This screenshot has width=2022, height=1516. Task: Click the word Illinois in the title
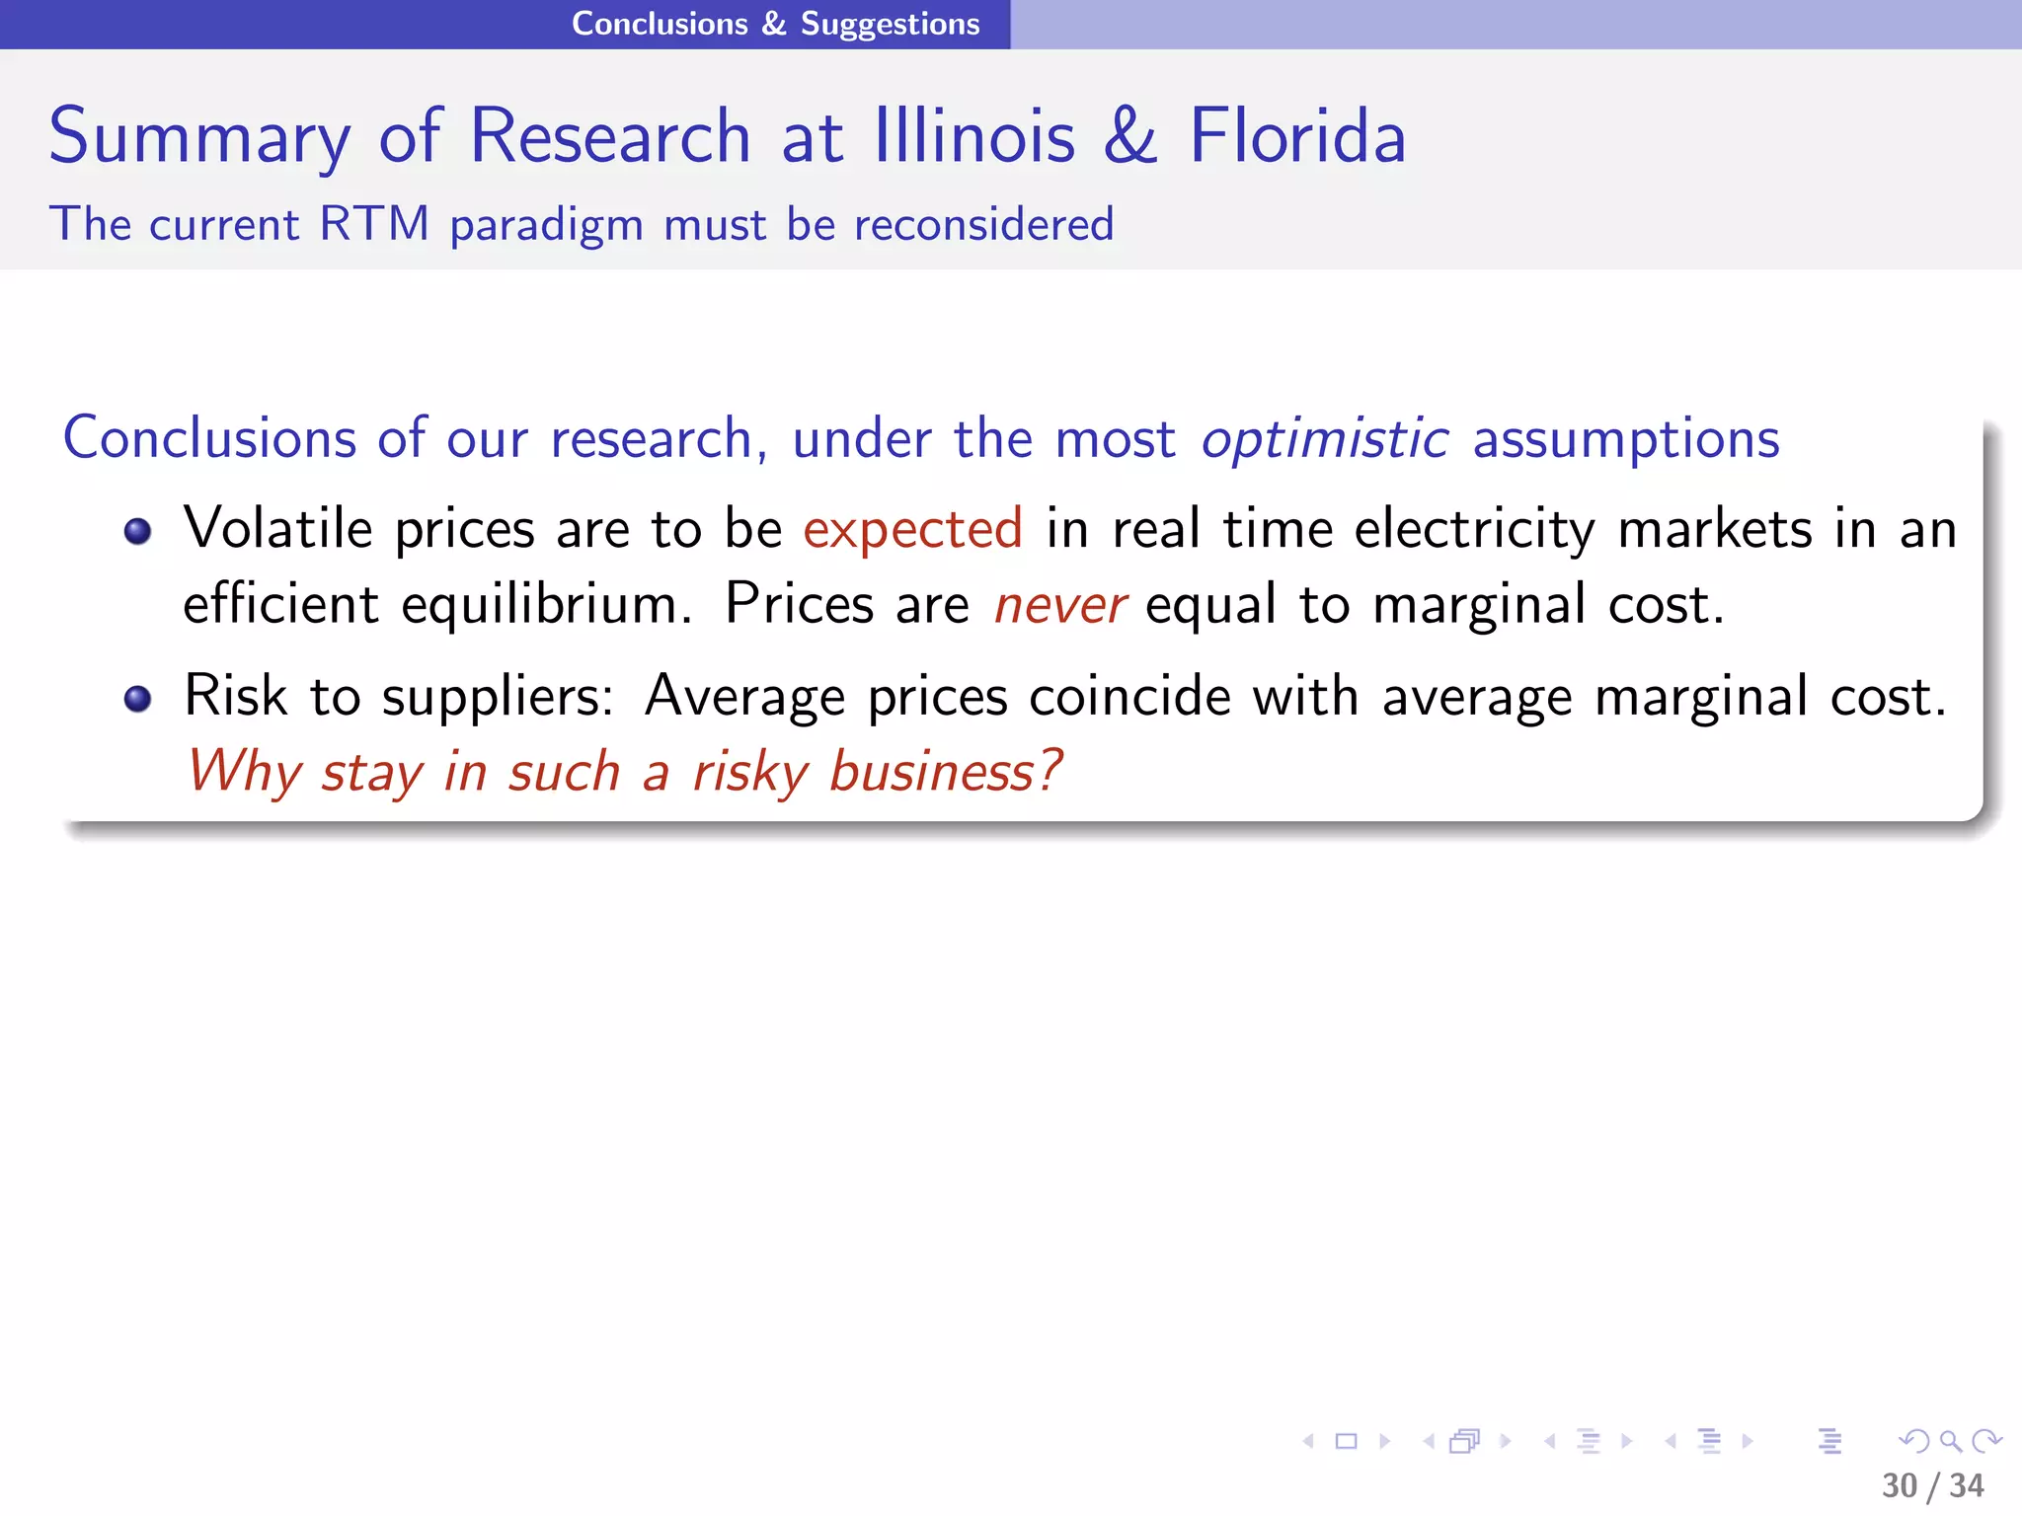coord(973,136)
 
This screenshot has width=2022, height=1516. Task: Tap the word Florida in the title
coord(1296,136)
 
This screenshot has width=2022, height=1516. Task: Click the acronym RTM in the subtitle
coord(374,224)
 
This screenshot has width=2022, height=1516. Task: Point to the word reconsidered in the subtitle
coord(983,224)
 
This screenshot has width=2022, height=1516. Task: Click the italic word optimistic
coord(1324,438)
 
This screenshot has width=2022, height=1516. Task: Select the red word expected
coord(912,529)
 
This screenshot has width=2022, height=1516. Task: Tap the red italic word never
coord(1059,605)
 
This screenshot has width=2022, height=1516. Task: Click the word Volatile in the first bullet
coord(278,528)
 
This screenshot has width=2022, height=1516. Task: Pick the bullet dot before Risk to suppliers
coord(138,699)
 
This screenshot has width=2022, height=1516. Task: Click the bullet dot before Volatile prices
coord(138,532)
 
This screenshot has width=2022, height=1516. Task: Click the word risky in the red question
coord(750,772)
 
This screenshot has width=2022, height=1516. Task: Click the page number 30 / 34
coord(1932,1485)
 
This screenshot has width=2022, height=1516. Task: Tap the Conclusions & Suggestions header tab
coord(775,24)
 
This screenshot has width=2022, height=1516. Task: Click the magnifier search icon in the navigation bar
coord(1950,1441)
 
